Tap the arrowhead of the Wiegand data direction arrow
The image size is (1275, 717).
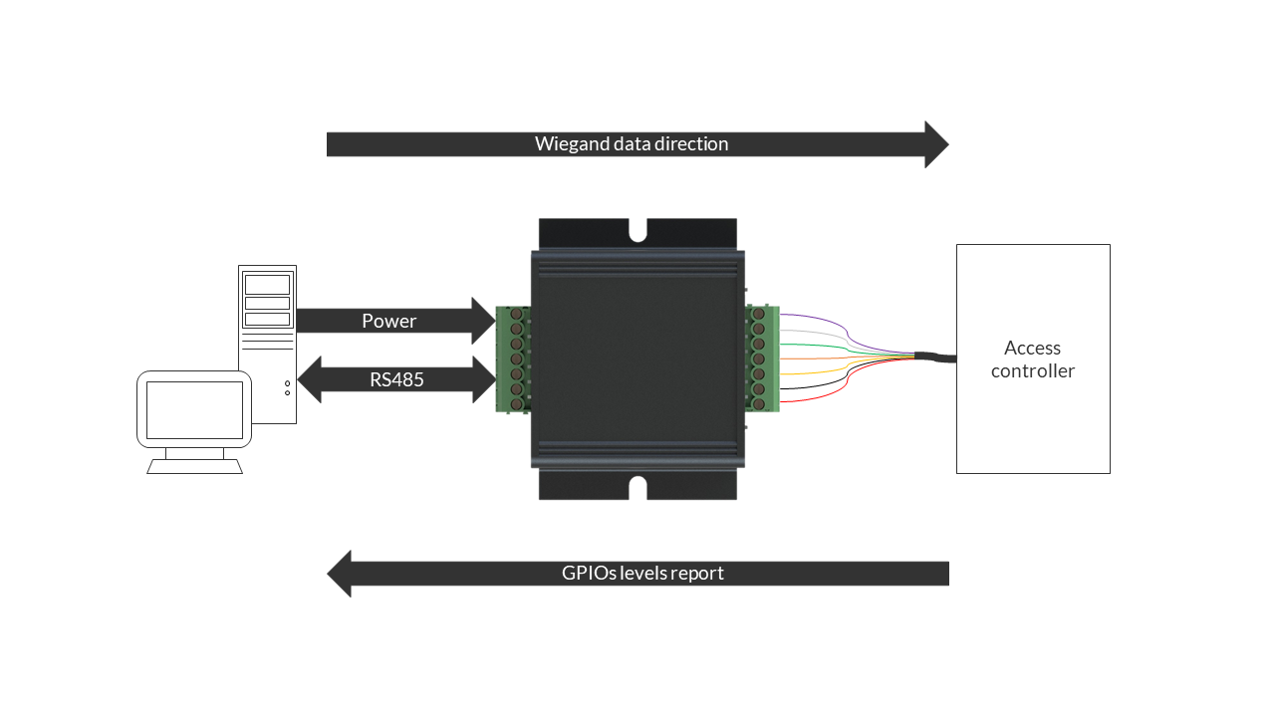click(936, 144)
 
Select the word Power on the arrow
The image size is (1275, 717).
click(389, 321)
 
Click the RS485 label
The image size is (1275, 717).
click(396, 379)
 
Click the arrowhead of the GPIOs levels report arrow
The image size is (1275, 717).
click(340, 574)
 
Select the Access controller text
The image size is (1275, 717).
click(1033, 359)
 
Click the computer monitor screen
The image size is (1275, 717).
click(194, 409)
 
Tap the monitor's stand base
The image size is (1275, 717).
click(194, 467)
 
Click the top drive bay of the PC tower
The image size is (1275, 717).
click(267, 285)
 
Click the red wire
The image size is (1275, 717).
click(847, 385)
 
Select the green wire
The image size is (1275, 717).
click(847, 349)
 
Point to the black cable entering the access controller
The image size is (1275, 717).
click(935, 357)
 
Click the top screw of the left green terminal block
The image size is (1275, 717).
click(516, 314)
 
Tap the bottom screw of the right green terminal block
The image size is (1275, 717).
click(758, 403)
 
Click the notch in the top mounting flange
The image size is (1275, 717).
click(638, 231)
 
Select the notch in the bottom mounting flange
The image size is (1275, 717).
click(638, 488)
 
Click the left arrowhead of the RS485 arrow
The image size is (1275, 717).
click(310, 379)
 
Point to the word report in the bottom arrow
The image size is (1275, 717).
click(696, 574)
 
